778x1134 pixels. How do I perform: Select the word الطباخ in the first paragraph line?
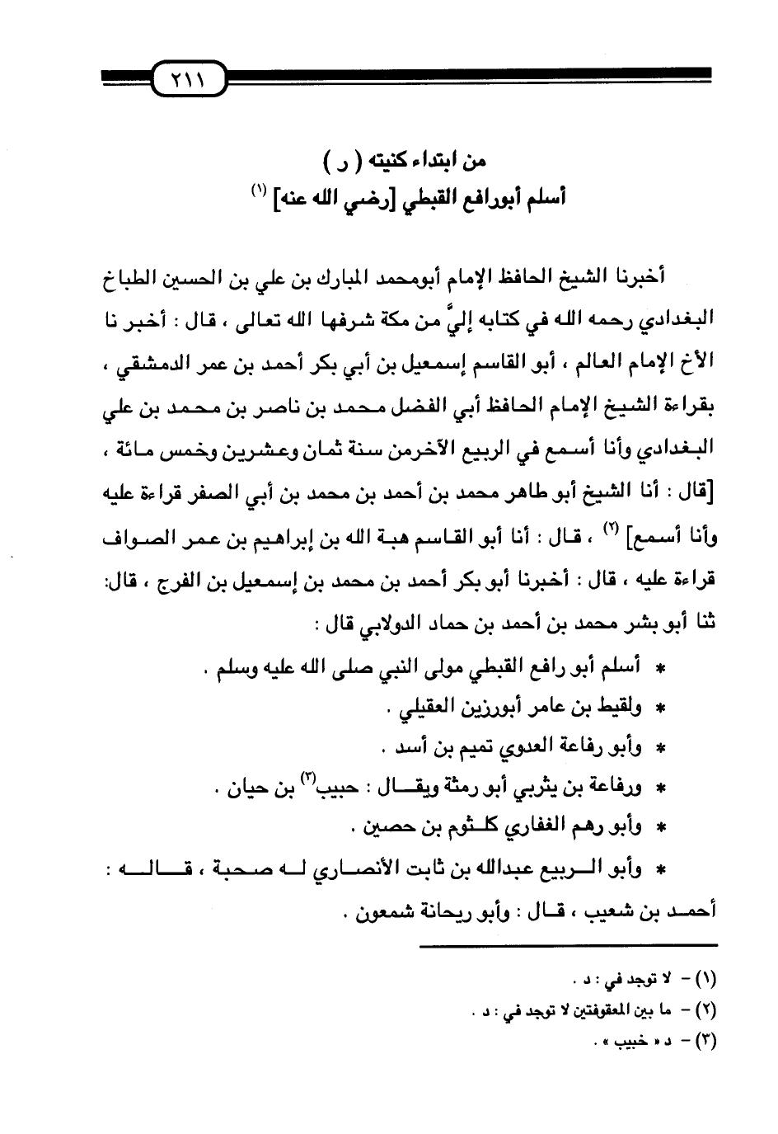[x=689, y=282]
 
